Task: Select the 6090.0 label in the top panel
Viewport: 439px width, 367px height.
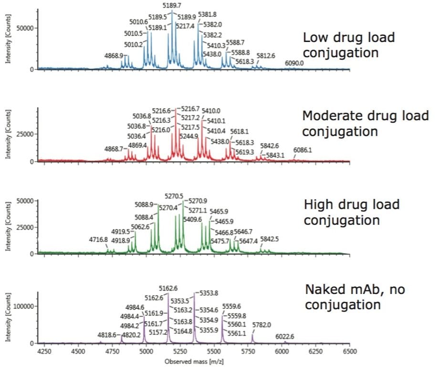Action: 294,63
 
